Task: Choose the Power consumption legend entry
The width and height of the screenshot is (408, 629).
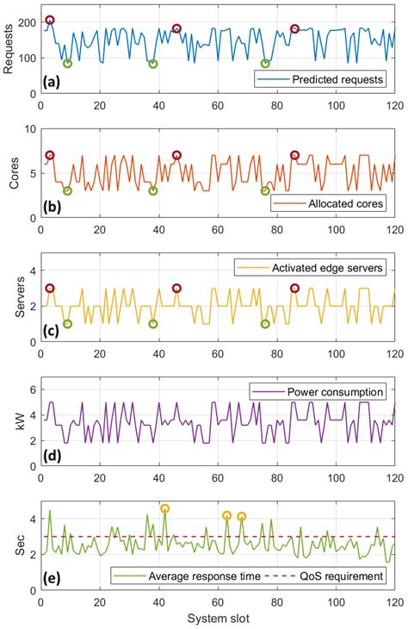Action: (x=332, y=392)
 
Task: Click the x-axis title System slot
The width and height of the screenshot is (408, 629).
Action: (x=218, y=620)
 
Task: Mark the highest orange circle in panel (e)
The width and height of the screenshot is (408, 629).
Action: (x=164, y=508)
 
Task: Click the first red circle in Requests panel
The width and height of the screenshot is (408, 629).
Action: (x=50, y=20)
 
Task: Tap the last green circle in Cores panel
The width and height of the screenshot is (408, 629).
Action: (x=265, y=190)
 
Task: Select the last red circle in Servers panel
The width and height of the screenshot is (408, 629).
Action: (x=294, y=288)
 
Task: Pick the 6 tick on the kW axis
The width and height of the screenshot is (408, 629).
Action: (x=32, y=390)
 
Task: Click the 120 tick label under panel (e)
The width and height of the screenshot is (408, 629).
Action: (x=394, y=603)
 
